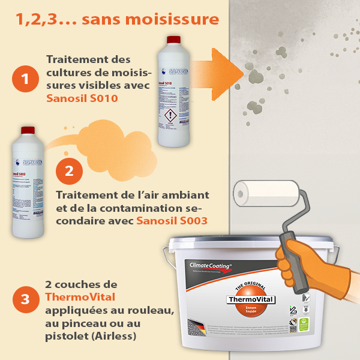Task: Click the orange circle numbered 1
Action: coord(25,79)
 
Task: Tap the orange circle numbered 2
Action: coord(69,170)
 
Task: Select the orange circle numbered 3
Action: coord(25,299)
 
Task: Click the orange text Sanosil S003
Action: coord(172,221)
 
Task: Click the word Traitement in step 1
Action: coord(76,60)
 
